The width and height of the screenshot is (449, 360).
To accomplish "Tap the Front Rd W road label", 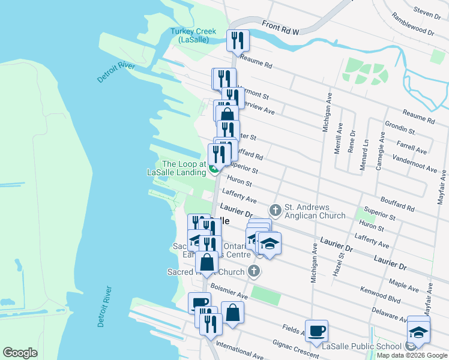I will pyautogui.click(x=280, y=26).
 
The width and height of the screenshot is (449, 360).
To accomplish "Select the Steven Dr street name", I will pyautogui.click(x=427, y=11).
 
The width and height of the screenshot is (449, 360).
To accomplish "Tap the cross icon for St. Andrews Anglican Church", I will pyautogui.click(x=275, y=210).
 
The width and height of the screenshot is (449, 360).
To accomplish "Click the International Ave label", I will pyautogui.click(x=240, y=351).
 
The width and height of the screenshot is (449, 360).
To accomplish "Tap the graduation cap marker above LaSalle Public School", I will pyautogui.click(x=418, y=331).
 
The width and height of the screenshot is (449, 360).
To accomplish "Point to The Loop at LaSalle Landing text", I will pyautogui.click(x=176, y=168).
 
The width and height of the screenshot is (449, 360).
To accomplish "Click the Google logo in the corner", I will pyautogui.click(x=20, y=353).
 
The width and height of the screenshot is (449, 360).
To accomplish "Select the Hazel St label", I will pyautogui.click(x=338, y=264).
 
